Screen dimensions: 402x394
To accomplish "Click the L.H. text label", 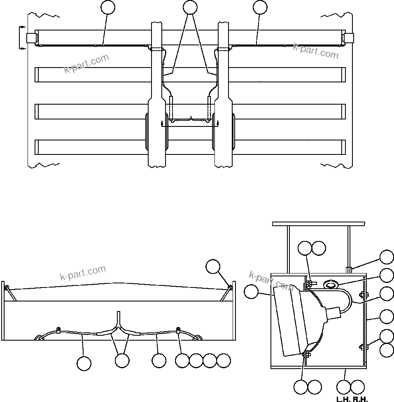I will point(343,399).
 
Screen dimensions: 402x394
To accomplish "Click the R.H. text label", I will point(361,399).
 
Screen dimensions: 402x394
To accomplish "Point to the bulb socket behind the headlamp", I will point(334,314).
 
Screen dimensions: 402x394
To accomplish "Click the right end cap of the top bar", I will point(348,38).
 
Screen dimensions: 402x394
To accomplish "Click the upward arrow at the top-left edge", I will point(21,28).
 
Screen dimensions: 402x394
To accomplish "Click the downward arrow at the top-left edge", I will point(21,48).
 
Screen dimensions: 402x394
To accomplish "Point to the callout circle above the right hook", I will point(213,266).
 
